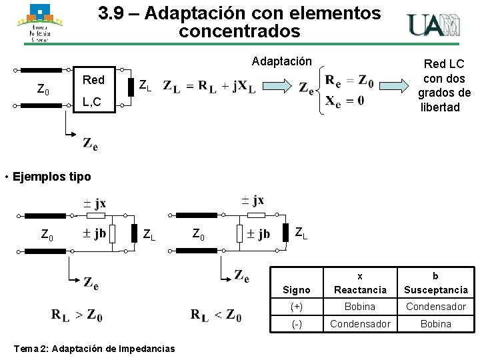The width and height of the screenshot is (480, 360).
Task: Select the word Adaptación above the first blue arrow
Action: [x=281, y=61]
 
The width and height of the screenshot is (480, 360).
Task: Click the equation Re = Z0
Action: [x=349, y=81]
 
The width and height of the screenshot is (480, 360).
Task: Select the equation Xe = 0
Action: [x=344, y=100]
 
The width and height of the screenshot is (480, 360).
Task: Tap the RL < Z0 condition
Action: [x=216, y=315]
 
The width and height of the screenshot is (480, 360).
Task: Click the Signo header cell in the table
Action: [x=296, y=290]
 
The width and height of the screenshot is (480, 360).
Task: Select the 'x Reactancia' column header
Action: [x=360, y=283]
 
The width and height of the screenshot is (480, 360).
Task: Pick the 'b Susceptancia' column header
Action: [x=436, y=283]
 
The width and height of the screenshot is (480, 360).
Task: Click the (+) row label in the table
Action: [x=296, y=307]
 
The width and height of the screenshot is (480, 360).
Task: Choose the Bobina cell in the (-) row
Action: [x=436, y=323]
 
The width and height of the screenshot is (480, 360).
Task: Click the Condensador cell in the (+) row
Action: [x=436, y=307]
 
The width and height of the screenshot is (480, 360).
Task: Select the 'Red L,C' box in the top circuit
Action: [x=93, y=91]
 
